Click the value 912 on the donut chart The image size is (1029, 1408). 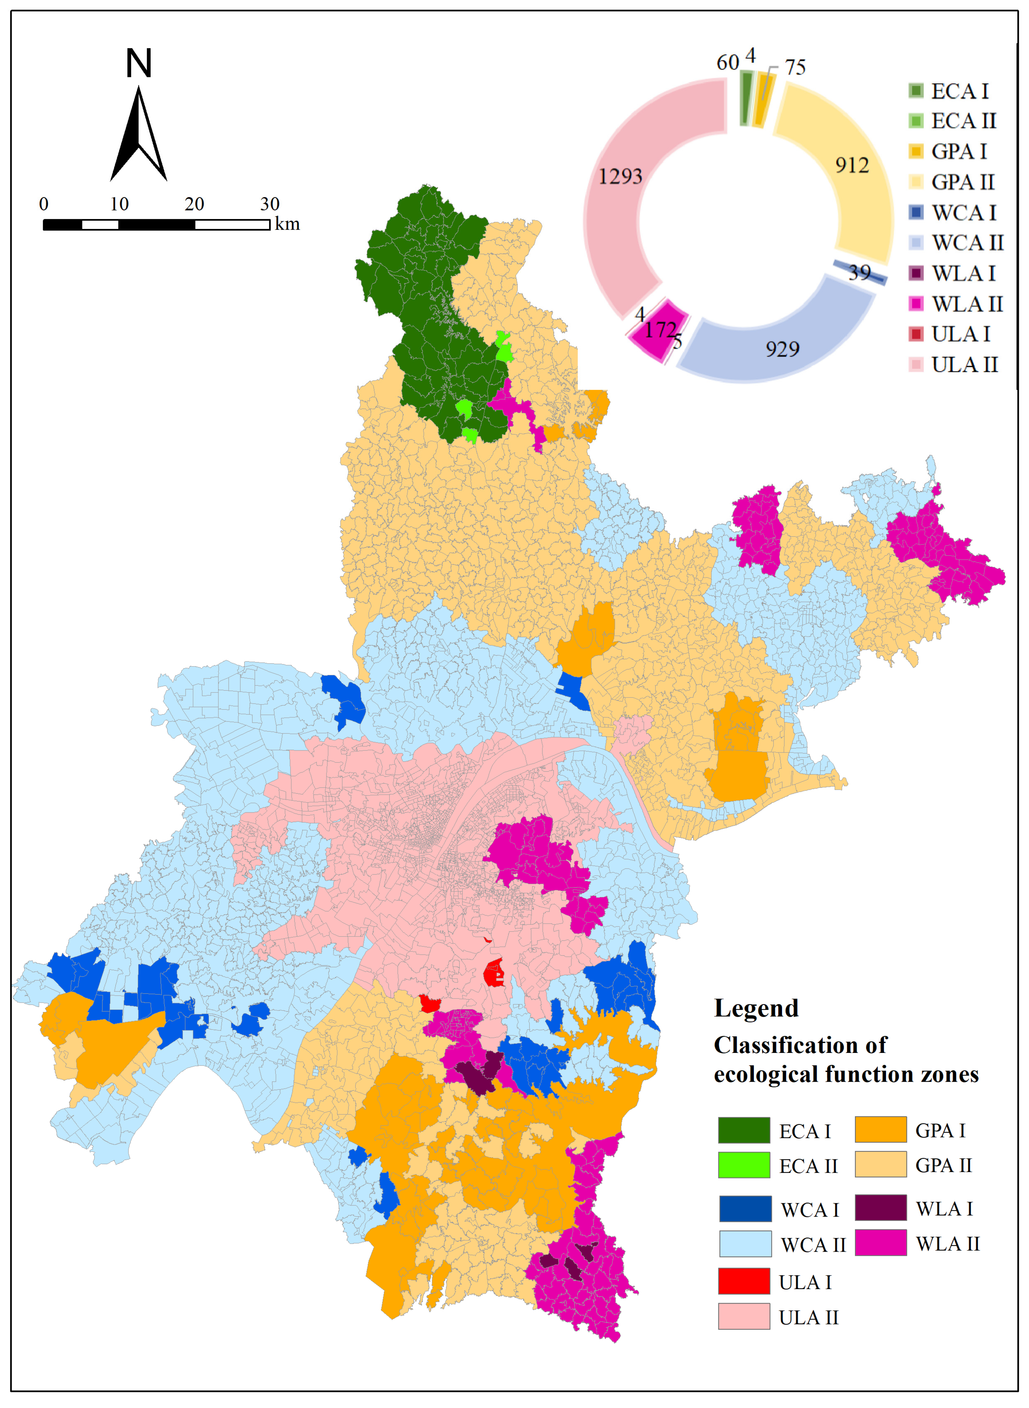pyautogui.click(x=851, y=165)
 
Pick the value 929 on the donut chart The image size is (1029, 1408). pyautogui.click(x=782, y=349)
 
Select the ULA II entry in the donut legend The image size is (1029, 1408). pyautogui.click(x=953, y=365)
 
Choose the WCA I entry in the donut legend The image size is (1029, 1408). pyautogui.click(x=953, y=212)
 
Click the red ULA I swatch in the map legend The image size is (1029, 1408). pyautogui.click(x=744, y=1281)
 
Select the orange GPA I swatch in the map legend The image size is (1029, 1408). pyautogui.click(x=880, y=1130)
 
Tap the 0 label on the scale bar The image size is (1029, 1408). pyautogui.click(x=44, y=204)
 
